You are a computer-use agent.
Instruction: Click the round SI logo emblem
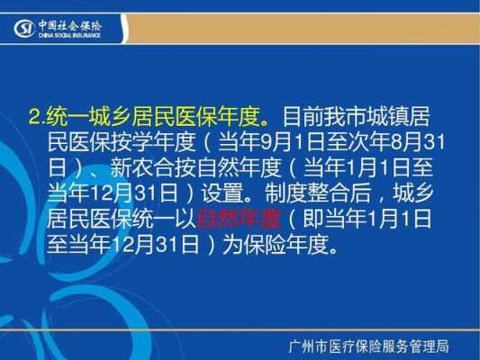23,29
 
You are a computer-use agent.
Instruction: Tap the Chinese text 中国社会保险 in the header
70,26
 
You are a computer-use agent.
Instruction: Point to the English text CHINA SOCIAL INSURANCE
69,35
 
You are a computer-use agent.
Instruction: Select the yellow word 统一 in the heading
68,117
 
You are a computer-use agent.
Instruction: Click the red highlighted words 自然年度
239,219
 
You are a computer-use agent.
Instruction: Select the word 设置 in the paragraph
222,193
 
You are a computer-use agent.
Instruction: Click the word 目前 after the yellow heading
303,117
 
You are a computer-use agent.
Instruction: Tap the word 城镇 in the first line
388,117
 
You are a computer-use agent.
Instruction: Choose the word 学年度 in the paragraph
164,142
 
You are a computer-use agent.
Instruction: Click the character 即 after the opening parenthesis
312,219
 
